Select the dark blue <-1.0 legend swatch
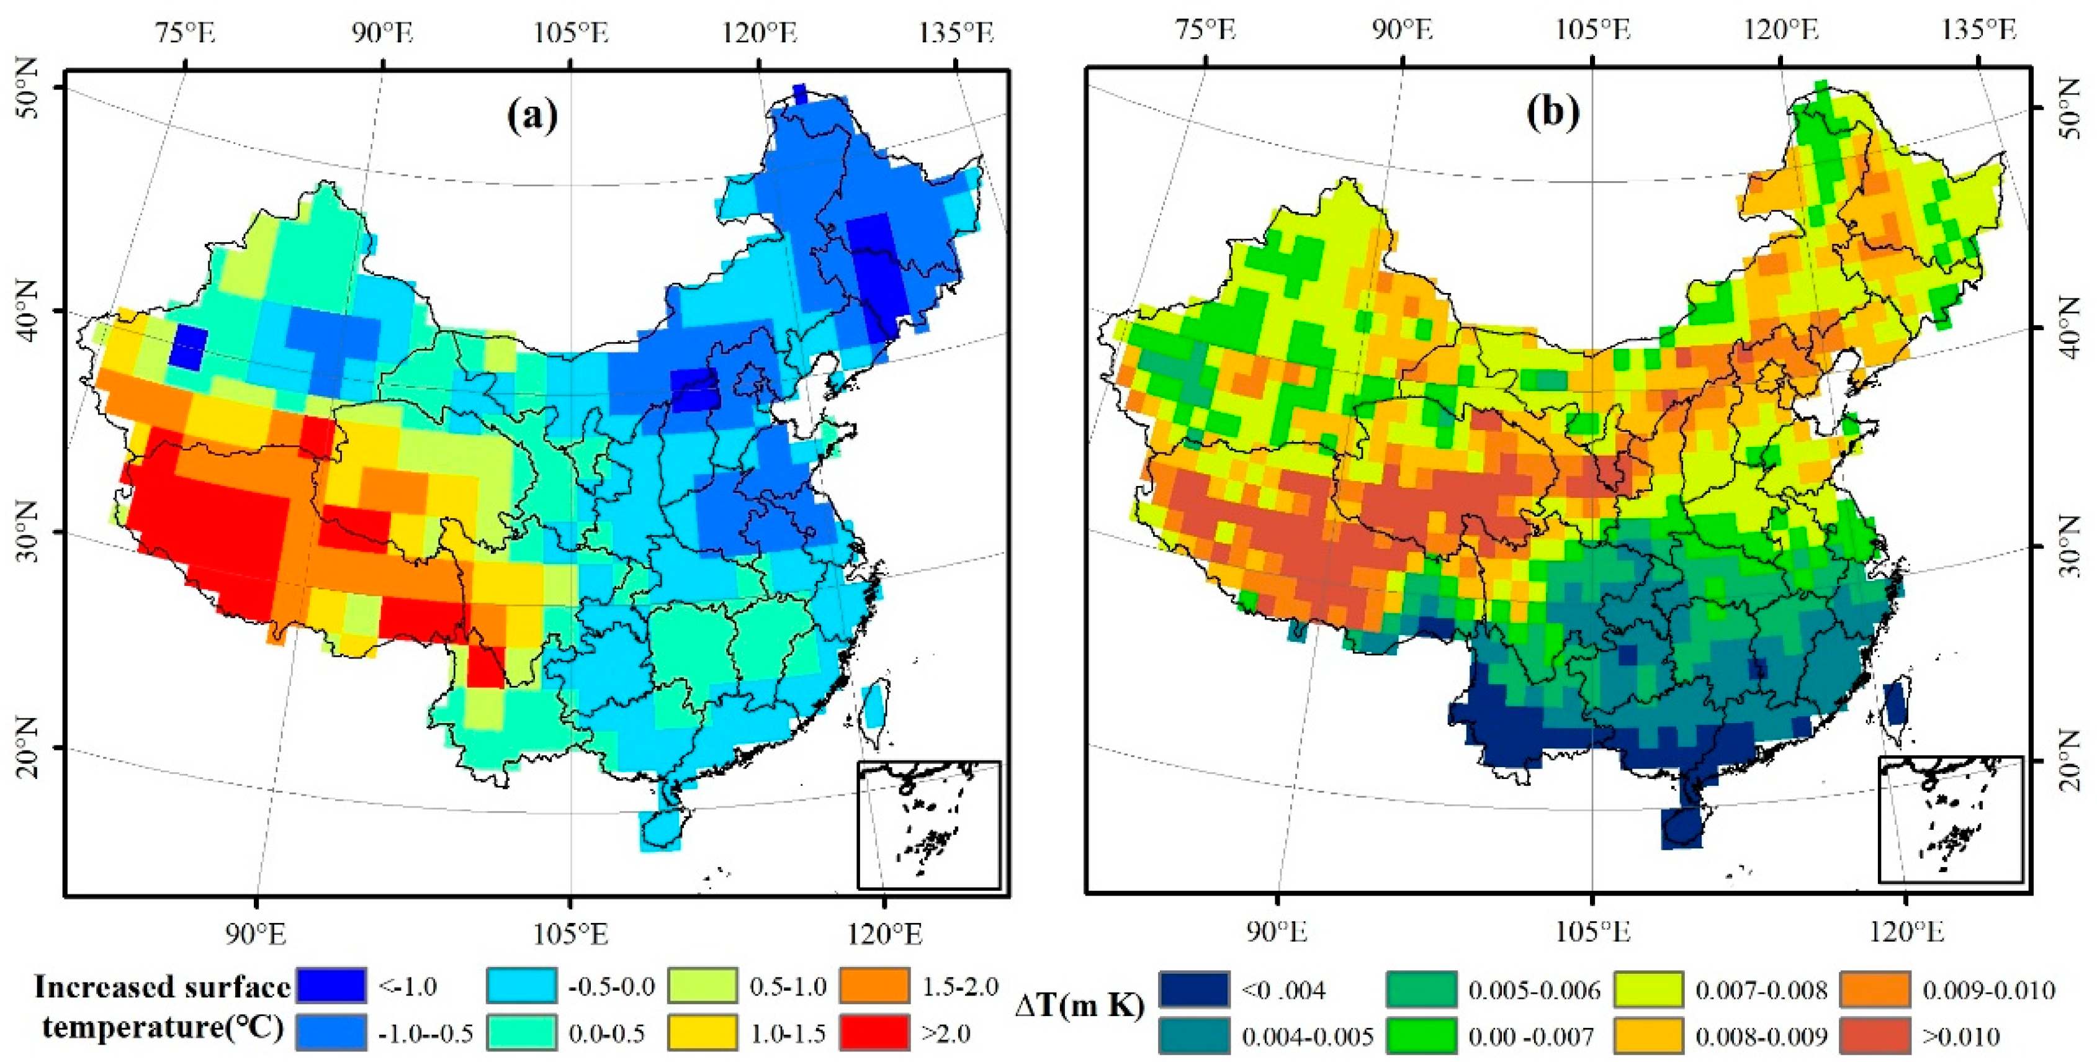click(x=331, y=986)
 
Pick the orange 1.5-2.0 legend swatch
click(x=875, y=986)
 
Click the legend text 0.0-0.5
click(x=606, y=1033)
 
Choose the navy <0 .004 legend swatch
click(x=1194, y=989)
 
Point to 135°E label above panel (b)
click(x=1982, y=30)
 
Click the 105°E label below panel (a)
click(x=572, y=934)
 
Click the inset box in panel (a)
click(x=928, y=824)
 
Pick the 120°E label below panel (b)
click(x=1906, y=932)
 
